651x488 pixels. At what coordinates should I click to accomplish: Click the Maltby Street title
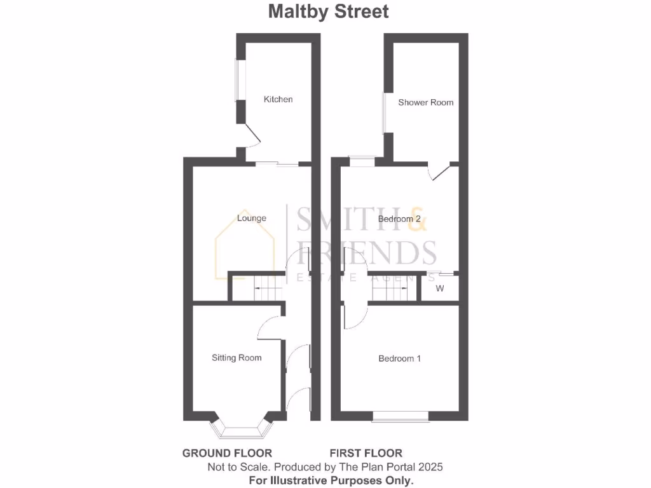click(328, 11)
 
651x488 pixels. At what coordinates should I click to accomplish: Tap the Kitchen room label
click(278, 99)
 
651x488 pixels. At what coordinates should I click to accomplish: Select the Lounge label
click(251, 218)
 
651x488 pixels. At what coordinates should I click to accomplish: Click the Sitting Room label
click(236, 358)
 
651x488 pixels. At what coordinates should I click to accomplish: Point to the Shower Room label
click(426, 102)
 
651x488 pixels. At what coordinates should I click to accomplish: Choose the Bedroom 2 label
click(400, 219)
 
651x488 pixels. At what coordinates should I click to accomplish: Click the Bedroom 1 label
click(400, 358)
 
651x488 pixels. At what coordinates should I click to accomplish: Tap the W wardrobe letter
click(440, 288)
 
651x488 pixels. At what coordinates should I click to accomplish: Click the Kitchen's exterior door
click(252, 136)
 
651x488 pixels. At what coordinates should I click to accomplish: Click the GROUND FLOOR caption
click(227, 453)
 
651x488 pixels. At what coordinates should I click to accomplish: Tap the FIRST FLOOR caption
click(366, 453)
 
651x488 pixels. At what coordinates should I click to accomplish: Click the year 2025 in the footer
click(430, 467)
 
